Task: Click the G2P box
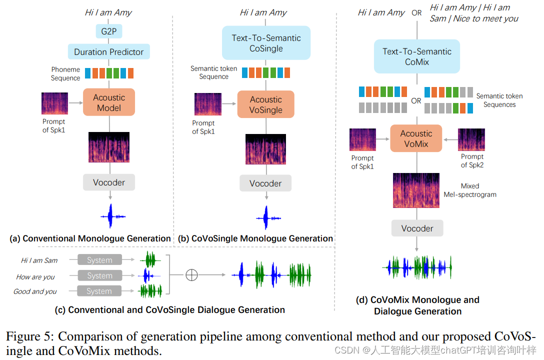(x=108, y=31)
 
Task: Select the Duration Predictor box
(x=109, y=51)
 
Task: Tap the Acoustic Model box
(x=109, y=102)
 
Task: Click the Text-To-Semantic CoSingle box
(x=266, y=43)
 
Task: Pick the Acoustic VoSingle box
(x=266, y=104)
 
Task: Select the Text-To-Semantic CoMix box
(x=417, y=56)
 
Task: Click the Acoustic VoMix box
(x=416, y=138)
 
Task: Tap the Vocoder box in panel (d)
(x=417, y=228)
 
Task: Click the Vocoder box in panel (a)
(x=109, y=182)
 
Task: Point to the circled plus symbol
(x=191, y=274)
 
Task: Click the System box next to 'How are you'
(x=99, y=275)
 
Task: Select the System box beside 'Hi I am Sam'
(x=99, y=259)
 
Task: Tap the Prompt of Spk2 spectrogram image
(x=471, y=139)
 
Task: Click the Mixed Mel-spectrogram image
(x=416, y=190)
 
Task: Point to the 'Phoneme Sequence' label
(x=65, y=74)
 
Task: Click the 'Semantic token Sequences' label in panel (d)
(x=499, y=100)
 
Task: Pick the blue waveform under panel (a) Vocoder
(x=112, y=216)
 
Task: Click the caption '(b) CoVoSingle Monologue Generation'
(x=255, y=238)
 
